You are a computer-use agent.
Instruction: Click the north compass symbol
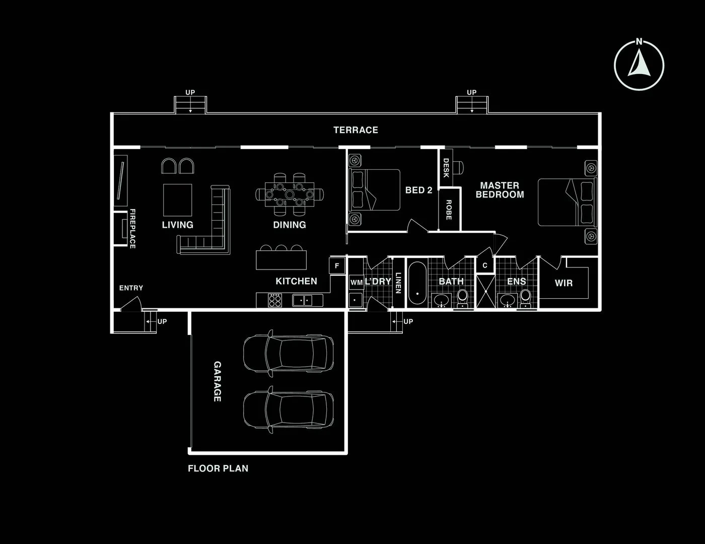click(x=639, y=65)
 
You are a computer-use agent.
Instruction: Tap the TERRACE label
click(x=356, y=130)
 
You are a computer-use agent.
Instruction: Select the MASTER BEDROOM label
click(x=500, y=190)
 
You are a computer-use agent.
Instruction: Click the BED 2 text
click(x=418, y=190)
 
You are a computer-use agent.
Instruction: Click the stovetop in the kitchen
click(x=275, y=300)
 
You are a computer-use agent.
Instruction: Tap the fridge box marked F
click(x=337, y=265)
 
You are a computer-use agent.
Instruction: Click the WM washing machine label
click(x=356, y=283)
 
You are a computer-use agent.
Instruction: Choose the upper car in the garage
click(x=288, y=354)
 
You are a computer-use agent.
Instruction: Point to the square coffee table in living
click(x=177, y=200)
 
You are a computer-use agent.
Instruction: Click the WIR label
click(x=563, y=283)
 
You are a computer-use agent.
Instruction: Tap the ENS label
click(x=516, y=282)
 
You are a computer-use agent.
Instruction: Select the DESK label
click(x=446, y=168)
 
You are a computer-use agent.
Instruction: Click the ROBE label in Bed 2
click(x=448, y=210)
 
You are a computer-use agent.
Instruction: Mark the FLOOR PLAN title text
click(x=218, y=468)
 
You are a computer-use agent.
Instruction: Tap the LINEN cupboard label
click(x=398, y=283)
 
